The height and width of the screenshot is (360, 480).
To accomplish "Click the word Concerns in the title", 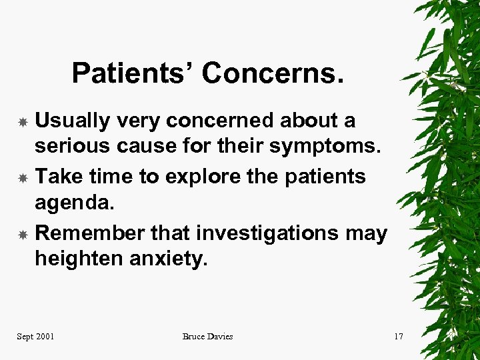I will pyautogui.click(x=273, y=73).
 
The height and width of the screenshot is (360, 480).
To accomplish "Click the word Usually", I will pyautogui.click(x=73, y=121).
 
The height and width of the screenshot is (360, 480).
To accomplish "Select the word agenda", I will pyautogui.click(x=74, y=201).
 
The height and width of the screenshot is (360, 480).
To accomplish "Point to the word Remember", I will pyautogui.click(x=89, y=233).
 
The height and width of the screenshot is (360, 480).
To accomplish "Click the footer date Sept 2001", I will pyautogui.click(x=35, y=337).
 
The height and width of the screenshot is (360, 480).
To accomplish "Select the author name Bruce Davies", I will pyautogui.click(x=208, y=337).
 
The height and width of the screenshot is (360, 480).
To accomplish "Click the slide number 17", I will pyautogui.click(x=398, y=337).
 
